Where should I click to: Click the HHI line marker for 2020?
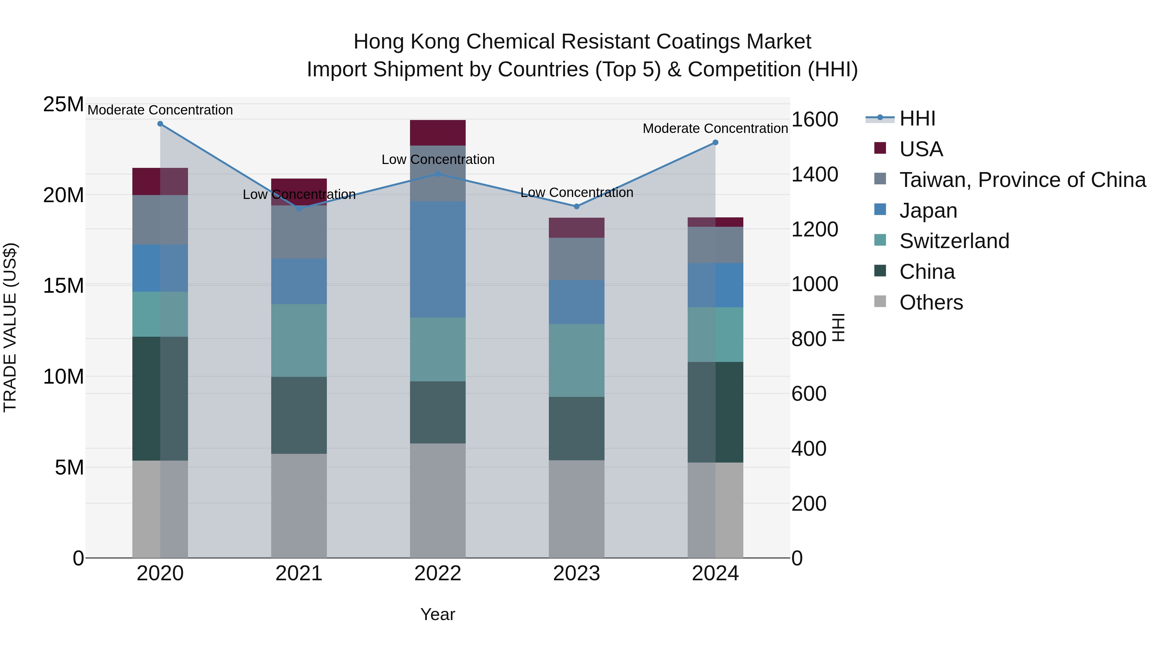click(x=160, y=124)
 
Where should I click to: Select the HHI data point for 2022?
click(x=438, y=174)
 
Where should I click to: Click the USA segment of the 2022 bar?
click(x=438, y=132)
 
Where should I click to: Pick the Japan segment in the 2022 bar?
click(x=438, y=259)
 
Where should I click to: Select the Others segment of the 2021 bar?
click(x=299, y=505)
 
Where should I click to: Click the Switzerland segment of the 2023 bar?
click(x=577, y=360)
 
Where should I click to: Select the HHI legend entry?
click(x=917, y=118)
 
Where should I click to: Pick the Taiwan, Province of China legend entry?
click(x=1022, y=180)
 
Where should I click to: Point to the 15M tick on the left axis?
click(x=63, y=286)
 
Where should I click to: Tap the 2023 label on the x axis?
click(x=577, y=573)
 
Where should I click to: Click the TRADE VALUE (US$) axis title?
click(x=10, y=327)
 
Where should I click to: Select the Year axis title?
click(x=438, y=614)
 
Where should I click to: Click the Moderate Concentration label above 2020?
click(x=160, y=110)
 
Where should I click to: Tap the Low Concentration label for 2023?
click(x=577, y=192)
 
